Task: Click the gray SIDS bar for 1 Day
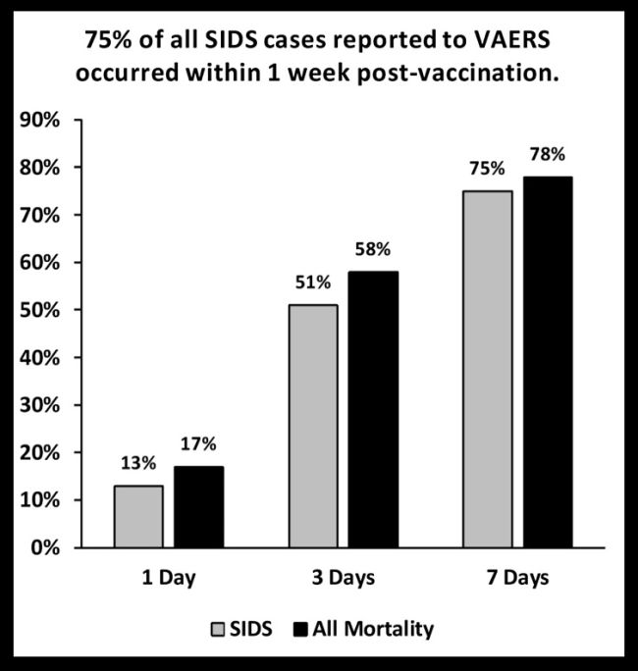(x=138, y=516)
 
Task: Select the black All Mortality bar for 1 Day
(x=199, y=506)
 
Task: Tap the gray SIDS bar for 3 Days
(x=313, y=426)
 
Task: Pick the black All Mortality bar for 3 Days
(x=374, y=409)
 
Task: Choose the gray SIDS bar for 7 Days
(x=488, y=369)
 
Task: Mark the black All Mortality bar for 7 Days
(x=548, y=362)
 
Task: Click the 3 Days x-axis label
(x=344, y=577)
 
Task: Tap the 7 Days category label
(x=518, y=577)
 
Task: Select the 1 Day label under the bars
(x=169, y=577)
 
